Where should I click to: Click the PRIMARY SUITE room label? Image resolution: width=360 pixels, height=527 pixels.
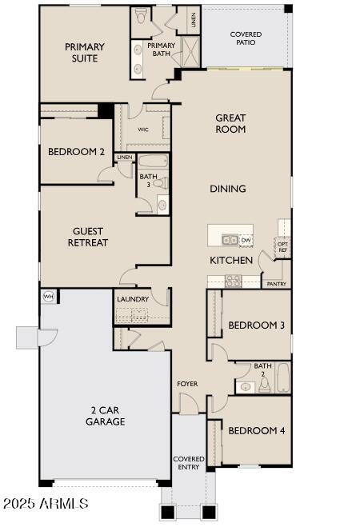(85, 53)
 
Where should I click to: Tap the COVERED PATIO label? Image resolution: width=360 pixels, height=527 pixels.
(246, 39)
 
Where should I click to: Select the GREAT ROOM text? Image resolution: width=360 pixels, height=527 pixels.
(230, 123)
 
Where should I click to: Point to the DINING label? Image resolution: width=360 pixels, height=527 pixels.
(228, 189)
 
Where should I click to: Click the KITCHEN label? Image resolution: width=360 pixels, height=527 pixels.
(231, 261)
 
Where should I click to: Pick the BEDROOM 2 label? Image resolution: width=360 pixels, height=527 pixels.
(76, 151)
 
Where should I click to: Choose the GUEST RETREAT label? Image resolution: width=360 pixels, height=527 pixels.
(88, 237)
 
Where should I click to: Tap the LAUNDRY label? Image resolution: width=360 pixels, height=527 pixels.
(133, 299)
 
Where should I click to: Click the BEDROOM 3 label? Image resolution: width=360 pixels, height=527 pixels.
(257, 325)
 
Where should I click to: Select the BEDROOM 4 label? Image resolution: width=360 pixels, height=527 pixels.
(257, 430)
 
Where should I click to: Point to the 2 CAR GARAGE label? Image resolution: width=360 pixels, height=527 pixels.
(106, 416)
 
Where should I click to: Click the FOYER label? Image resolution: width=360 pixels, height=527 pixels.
(187, 384)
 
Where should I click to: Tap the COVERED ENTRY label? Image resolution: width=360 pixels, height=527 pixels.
(189, 464)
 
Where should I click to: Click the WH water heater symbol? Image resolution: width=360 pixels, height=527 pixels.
(47, 296)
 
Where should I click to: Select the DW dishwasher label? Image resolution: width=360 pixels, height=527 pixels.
(246, 239)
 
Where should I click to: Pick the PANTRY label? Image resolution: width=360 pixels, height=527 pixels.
(276, 284)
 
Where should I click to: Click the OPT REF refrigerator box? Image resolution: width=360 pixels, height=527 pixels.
(282, 247)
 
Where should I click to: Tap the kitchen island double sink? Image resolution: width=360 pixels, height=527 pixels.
(230, 239)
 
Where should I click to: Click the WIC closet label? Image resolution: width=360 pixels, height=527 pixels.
(143, 129)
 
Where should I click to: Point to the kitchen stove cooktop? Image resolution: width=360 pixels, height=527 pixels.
(233, 280)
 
